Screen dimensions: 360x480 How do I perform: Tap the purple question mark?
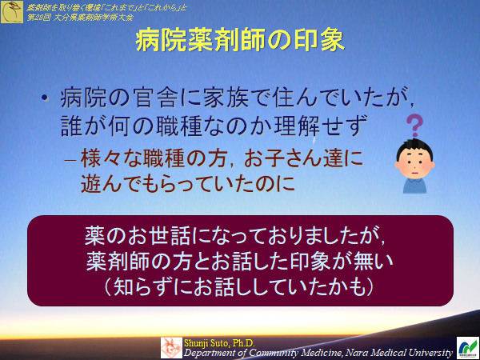tap(414, 126)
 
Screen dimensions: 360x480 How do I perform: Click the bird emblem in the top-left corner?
tap(11, 11)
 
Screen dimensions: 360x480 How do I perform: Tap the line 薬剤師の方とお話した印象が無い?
tap(240, 262)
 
